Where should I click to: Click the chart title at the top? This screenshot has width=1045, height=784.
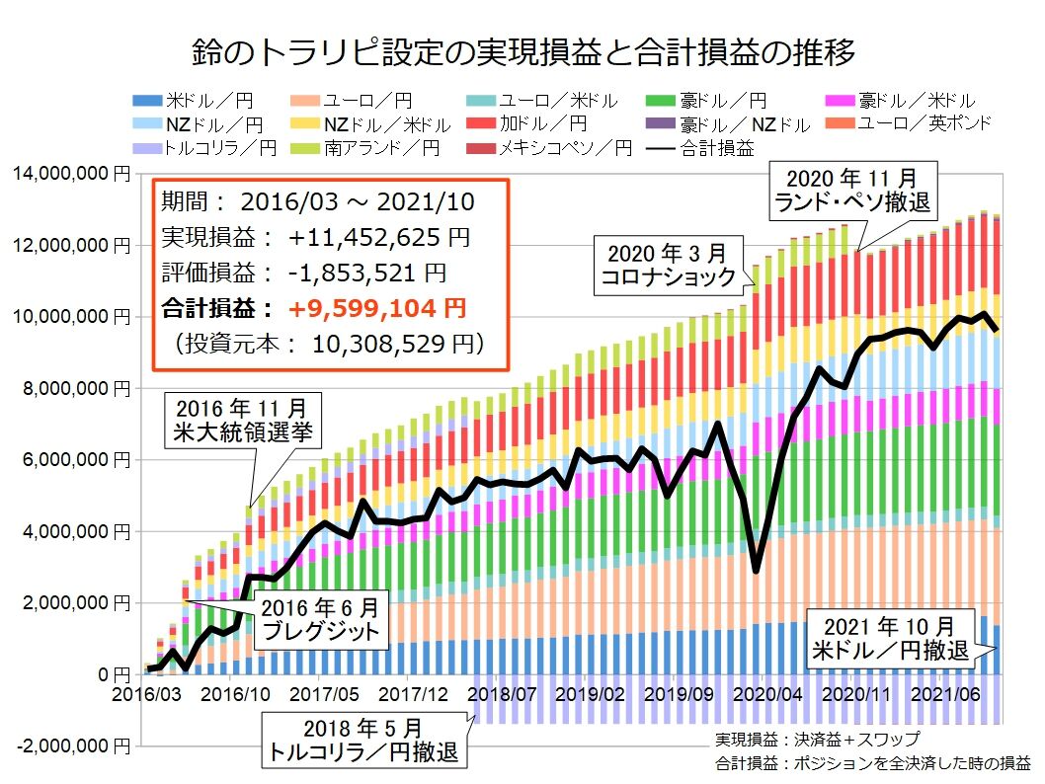(522, 50)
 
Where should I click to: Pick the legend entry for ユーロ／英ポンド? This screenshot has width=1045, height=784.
(923, 123)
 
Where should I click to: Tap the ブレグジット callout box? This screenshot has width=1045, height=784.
(319, 619)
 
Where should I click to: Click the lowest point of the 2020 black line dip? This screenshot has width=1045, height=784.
(756, 570)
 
